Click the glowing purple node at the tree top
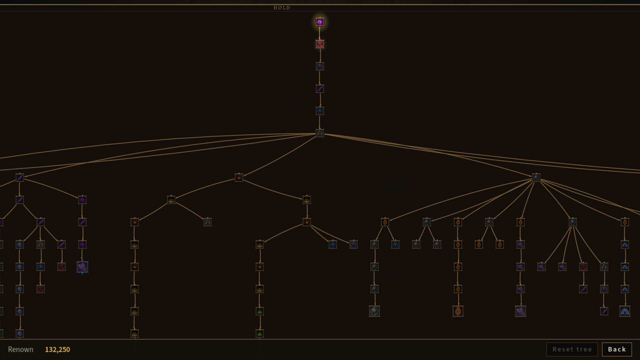320,22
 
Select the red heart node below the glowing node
320,44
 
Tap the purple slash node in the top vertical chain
320,89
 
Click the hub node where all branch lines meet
320,133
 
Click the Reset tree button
572,349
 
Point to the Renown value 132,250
57,350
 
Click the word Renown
21,350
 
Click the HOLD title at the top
282,8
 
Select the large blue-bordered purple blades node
82,267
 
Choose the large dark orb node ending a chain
374,311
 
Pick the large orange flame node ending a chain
458,311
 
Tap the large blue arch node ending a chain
625,311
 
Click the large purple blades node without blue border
520,311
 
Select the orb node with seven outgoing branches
536,178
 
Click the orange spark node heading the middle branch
239,178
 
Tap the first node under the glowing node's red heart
320,66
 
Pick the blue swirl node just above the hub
320,111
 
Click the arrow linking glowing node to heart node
320,33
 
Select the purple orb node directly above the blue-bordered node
82,245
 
